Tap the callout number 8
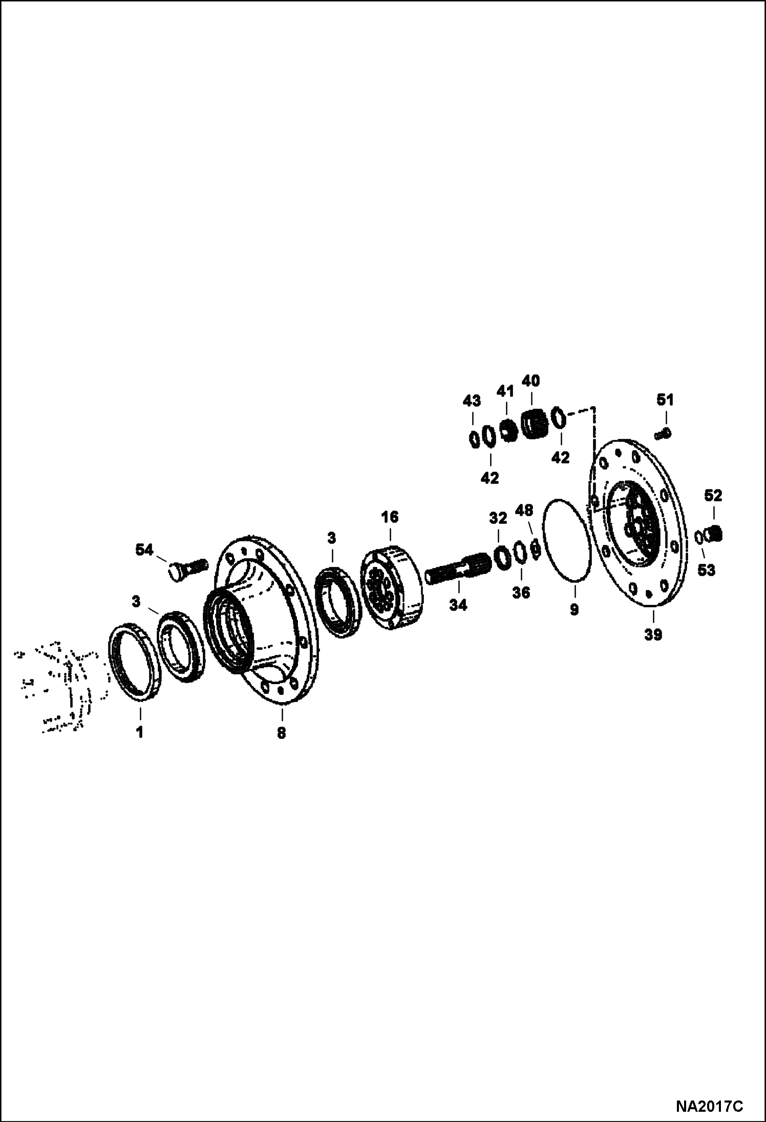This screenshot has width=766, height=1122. tap(281, 733)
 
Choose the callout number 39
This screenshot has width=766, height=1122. tap(653, 634)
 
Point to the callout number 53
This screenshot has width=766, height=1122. tap(706, 570)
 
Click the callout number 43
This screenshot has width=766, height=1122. tap(472, 400)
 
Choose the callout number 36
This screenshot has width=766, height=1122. tap(522, 592)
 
